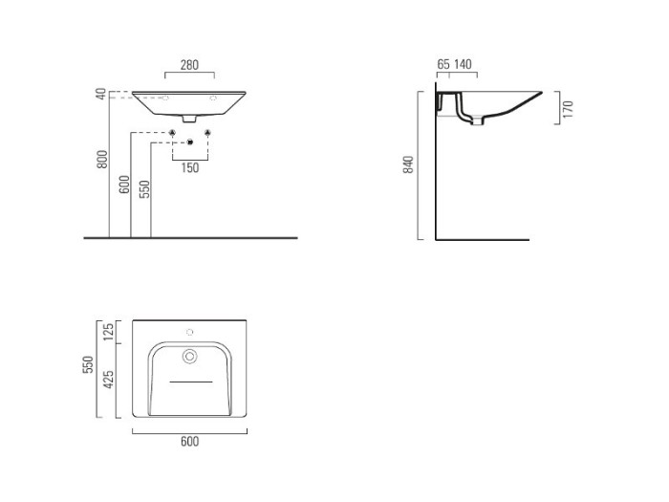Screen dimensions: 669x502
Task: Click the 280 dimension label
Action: [x=189, y=65]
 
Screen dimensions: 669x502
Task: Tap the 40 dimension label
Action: [x=100, y=94]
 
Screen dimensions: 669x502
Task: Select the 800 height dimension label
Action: [x=102, y=160]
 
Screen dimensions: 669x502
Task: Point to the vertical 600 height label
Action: [x=124, y=184]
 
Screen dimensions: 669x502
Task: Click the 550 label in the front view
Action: [x=145, y=189]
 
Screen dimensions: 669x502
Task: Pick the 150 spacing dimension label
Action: [x=190, y=167]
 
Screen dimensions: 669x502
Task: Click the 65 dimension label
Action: [x=443, y=64]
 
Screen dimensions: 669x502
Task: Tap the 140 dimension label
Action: [x=463, y=64]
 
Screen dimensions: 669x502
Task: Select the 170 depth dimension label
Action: [x=568, y=109]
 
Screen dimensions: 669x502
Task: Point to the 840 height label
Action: [x=408, y=164]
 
